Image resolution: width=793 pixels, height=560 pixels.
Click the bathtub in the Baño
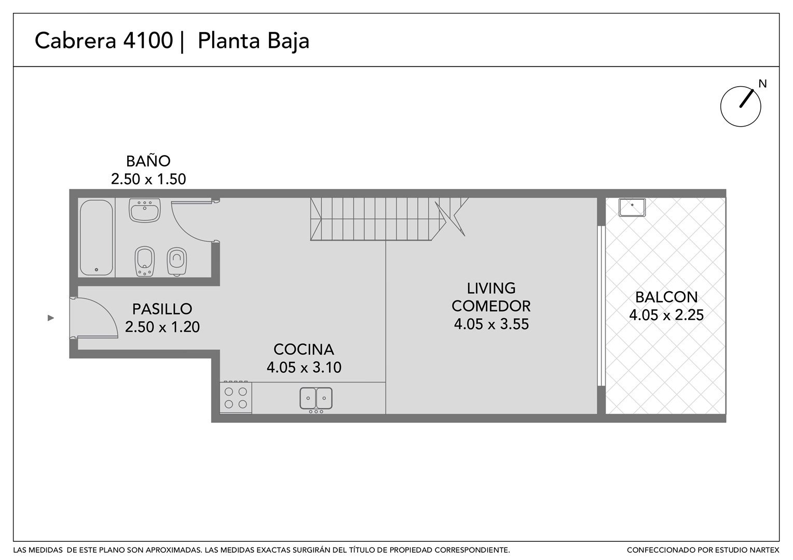click(97, 238)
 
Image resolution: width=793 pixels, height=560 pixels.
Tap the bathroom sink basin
click(144, 210)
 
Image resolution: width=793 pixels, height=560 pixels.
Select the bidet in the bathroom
click(144, 262)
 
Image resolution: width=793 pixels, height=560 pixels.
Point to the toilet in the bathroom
click(176, 262)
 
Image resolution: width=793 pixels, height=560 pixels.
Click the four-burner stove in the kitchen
click(236, 397)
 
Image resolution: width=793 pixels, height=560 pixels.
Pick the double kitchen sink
click(316, 399)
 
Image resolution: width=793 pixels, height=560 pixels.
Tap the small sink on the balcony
click(632, 208)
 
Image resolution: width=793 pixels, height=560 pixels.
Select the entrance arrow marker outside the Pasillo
click(51, 318)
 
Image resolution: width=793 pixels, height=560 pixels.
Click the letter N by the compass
click(762, 84)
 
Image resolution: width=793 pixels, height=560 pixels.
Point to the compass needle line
click(746, 99)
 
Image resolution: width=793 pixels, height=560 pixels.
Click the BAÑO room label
click(148, 161)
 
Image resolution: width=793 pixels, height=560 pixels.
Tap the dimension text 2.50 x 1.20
click(162, 327)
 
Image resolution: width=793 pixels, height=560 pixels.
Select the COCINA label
click(304, 349)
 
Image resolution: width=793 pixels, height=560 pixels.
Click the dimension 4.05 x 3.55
click(491, 324)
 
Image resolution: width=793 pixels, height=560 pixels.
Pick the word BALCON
click(666, 297)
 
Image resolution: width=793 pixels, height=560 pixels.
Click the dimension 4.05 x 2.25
click(666, 315)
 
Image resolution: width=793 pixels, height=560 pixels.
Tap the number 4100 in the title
click(148, 40)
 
